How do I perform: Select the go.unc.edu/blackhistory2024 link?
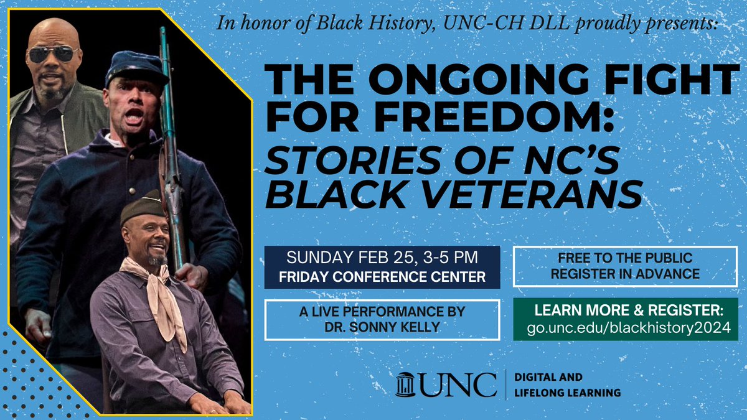626,329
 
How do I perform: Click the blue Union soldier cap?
134,67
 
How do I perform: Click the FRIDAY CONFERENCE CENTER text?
382,277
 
